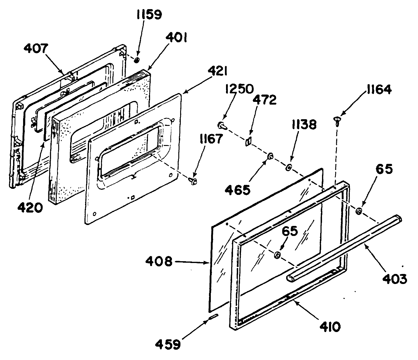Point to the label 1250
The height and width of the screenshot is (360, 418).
coord(239,89)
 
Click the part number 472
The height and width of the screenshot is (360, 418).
coord(265,100)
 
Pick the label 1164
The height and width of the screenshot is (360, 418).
coord(377,90)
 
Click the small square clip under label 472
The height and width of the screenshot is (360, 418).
coord(248,142)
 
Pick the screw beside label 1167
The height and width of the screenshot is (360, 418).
coord(193,182)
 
